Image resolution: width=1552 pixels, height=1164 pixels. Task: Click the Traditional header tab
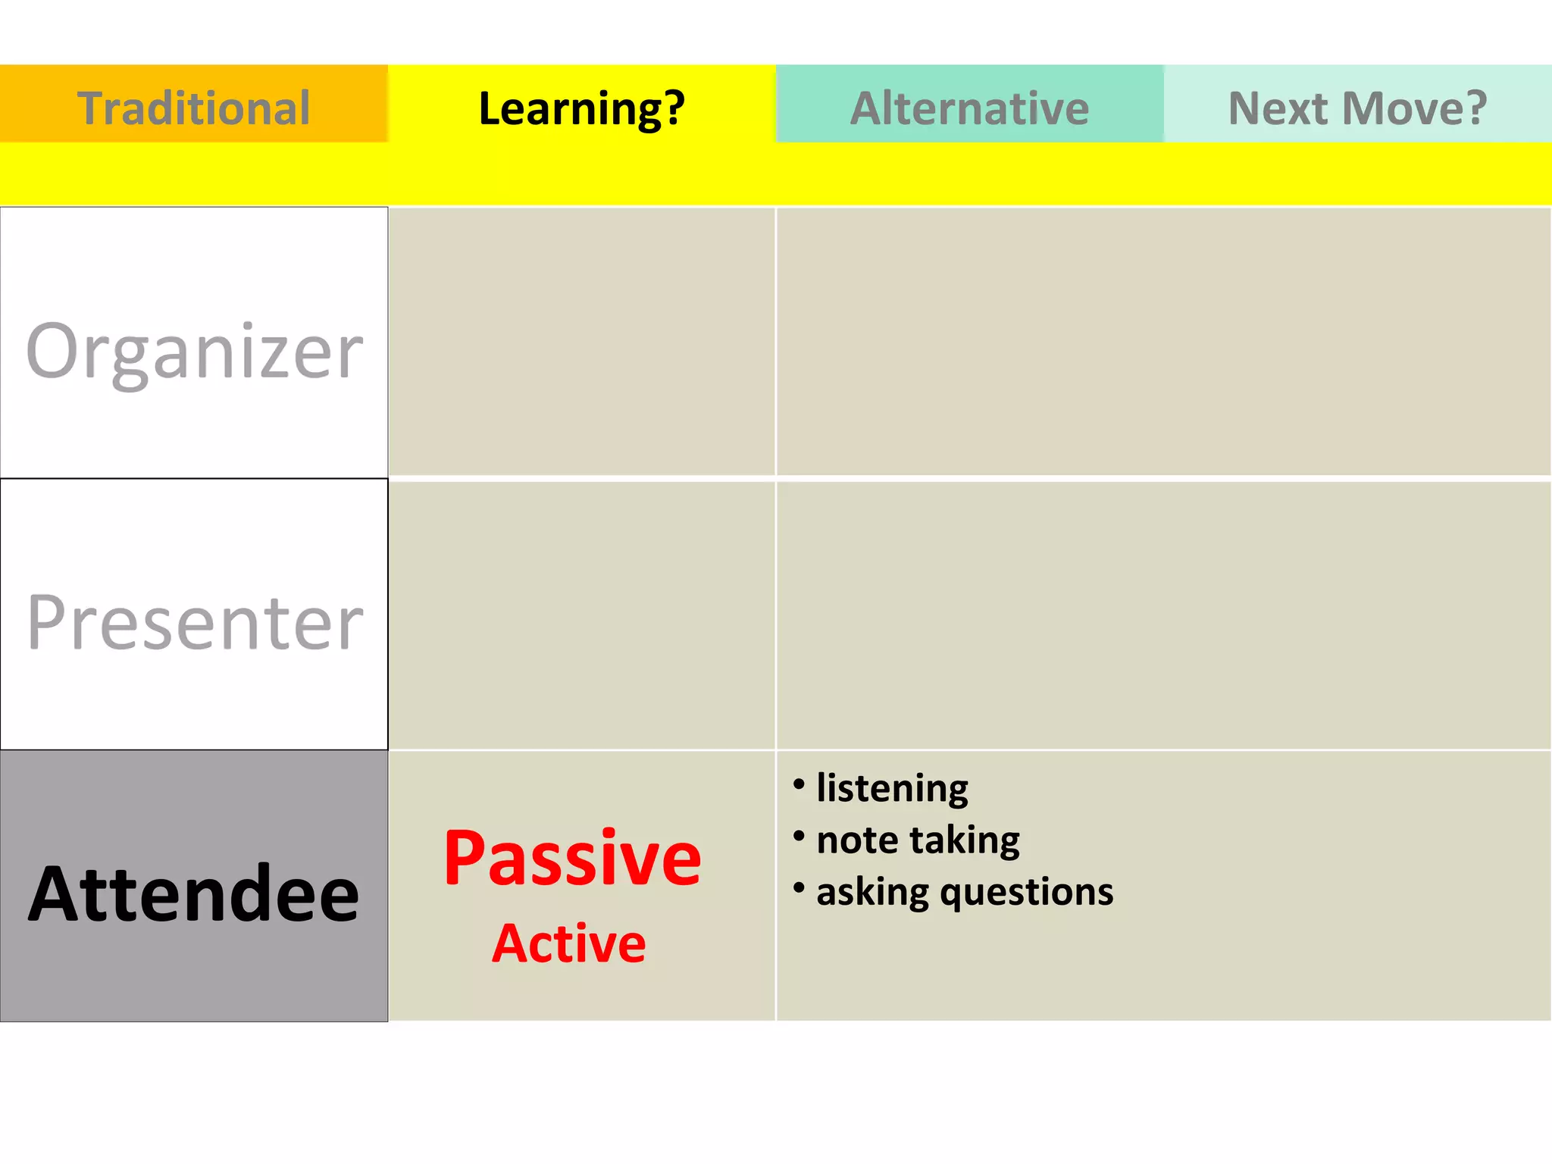pyautogui.click(x=194, y=108)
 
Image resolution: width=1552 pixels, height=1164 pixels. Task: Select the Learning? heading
pyautogui.click(x=581, y=108)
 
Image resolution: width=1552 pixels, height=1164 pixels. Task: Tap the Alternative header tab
pyautogui.click(x=969, y=108)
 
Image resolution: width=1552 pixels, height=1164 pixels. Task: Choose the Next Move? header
pyautogui.click(x=1357, y=108)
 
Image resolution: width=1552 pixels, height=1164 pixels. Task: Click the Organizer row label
pyautogui.click(x=194, y=351)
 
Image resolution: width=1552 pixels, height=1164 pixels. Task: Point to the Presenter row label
pyautogui.click(x=194, y=622)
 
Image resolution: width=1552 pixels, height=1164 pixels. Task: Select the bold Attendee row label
pyautogui.click(x=194, y=894)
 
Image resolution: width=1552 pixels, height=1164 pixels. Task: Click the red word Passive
pyautogui.click(x=572, y=858)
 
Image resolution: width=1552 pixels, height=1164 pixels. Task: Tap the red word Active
pyautogui.click(x=569, y=943)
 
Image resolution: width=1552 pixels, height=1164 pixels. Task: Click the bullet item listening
pyautogui.click(x=892, y=788)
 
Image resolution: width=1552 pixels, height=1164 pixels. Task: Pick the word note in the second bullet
pyautogui.click(x=857, y=840)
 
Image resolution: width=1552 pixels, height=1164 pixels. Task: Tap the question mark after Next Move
pyautogui.click(x=1475, y=108)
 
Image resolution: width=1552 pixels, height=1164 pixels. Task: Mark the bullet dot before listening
pyautogui.click(x=799, y=784)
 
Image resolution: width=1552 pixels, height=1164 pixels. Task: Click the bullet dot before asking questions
pyautogui.click(x=799, y=887)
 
